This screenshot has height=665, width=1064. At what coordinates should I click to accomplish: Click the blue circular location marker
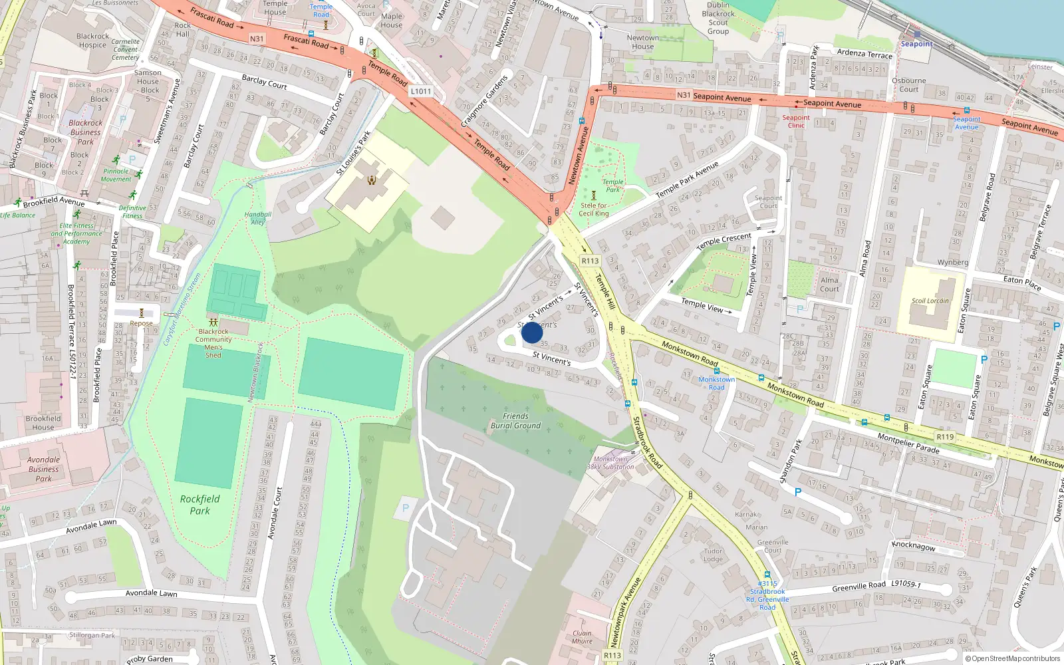532,332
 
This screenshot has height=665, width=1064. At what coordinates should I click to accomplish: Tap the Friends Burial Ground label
515,421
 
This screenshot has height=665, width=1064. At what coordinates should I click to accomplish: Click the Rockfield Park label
199,505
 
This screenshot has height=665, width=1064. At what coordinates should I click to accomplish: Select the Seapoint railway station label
916,44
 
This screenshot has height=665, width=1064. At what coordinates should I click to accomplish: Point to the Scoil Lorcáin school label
930,301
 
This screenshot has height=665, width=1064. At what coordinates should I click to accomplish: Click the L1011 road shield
420,91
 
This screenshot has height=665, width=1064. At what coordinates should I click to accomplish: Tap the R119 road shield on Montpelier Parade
945,437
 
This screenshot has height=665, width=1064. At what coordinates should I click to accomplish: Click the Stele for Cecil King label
593,209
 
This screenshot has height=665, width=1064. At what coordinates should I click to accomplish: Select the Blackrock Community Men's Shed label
213,343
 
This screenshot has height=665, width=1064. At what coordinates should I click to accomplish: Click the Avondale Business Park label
43,469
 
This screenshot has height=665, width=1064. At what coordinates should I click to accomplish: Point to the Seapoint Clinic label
796,121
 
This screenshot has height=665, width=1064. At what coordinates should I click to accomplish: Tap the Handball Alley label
257,218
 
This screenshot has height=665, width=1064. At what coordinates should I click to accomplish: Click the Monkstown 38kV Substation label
610,463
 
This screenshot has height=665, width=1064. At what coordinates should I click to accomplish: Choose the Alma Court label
829,285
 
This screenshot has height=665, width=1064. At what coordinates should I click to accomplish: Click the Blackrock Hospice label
92,41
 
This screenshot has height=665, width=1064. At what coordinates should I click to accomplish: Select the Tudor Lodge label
713,555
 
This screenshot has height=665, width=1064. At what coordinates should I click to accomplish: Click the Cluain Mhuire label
582,637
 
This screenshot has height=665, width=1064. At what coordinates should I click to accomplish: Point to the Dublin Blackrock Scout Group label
718,18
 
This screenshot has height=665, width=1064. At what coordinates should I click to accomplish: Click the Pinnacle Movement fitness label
116,175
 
